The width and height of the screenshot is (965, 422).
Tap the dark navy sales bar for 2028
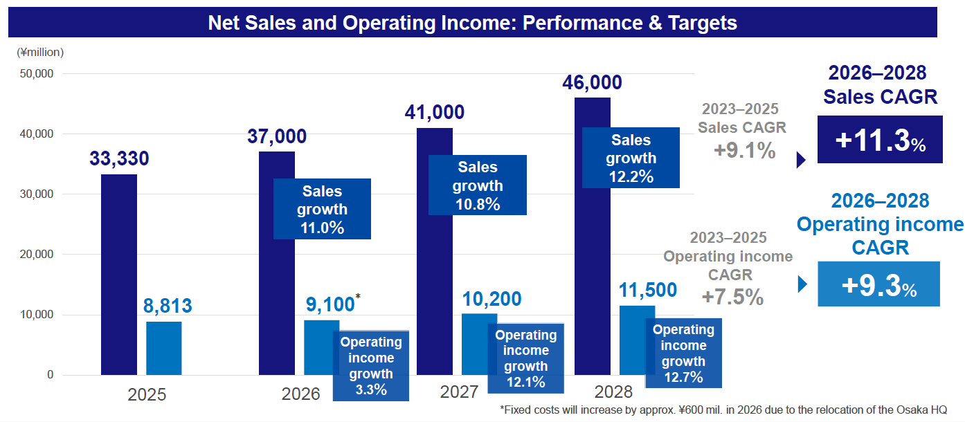(593, 277)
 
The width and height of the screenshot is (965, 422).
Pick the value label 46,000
(593, 83)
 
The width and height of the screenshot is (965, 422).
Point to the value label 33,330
(119, 159)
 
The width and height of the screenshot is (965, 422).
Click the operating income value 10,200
(491, 299)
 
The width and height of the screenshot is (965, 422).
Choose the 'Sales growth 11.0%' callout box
(322, 209)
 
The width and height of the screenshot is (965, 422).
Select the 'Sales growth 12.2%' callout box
(631, 158)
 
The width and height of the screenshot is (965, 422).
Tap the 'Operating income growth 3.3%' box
(370, 366)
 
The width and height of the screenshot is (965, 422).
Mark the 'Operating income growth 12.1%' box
(525, 358)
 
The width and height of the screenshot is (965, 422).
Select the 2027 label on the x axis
(459, 392)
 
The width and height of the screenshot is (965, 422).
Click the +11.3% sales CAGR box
(880, 140)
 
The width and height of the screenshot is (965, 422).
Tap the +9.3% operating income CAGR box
(878, 284)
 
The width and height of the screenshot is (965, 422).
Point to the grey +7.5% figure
(732, 297)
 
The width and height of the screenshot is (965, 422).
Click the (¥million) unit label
(40, 52)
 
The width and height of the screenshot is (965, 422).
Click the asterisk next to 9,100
(357, 297)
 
